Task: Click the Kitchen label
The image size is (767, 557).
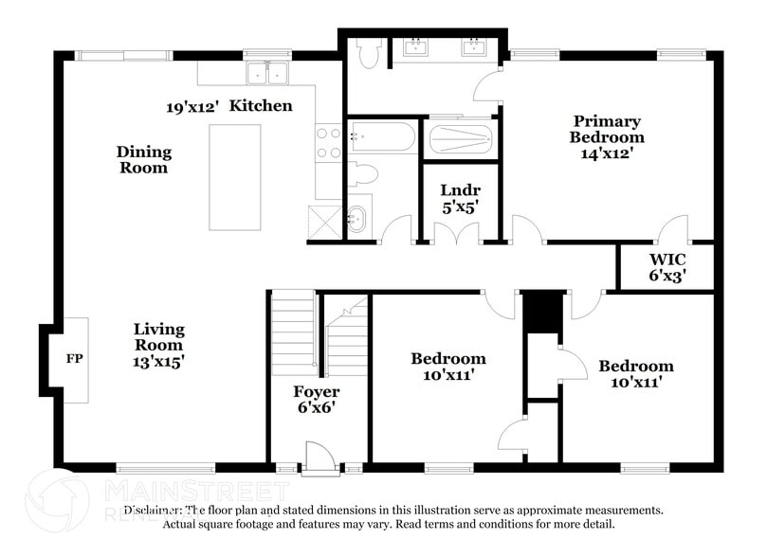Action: [x=261, y=105]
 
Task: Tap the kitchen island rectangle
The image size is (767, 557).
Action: [x=235, y=177]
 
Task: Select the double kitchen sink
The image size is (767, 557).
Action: [x=267, y=73]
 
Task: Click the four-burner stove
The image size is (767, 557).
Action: [x=328, y=143]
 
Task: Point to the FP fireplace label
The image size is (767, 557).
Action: [x=74, y=359]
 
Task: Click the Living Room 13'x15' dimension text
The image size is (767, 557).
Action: [x=158, y=361]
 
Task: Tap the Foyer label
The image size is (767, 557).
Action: [x=317, y=391]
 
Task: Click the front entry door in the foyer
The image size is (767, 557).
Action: [x=319, y=458]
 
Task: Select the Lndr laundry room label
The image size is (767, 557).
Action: [x=461, y=190]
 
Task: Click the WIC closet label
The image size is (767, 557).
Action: [x=667, y=260]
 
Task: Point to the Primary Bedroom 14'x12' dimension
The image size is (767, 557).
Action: [x=607, y=153]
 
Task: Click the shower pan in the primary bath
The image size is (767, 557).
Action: [x=460, y=139]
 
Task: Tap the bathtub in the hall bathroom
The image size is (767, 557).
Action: [x=381, y=137]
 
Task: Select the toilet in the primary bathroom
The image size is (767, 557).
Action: [x=369, y=53]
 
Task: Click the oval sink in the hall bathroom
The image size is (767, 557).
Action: [x=356, y=220]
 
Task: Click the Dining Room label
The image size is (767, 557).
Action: [x=144, y=160]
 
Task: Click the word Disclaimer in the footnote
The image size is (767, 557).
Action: [x=153, y=510]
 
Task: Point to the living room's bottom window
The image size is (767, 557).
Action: [x=166, y=468]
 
